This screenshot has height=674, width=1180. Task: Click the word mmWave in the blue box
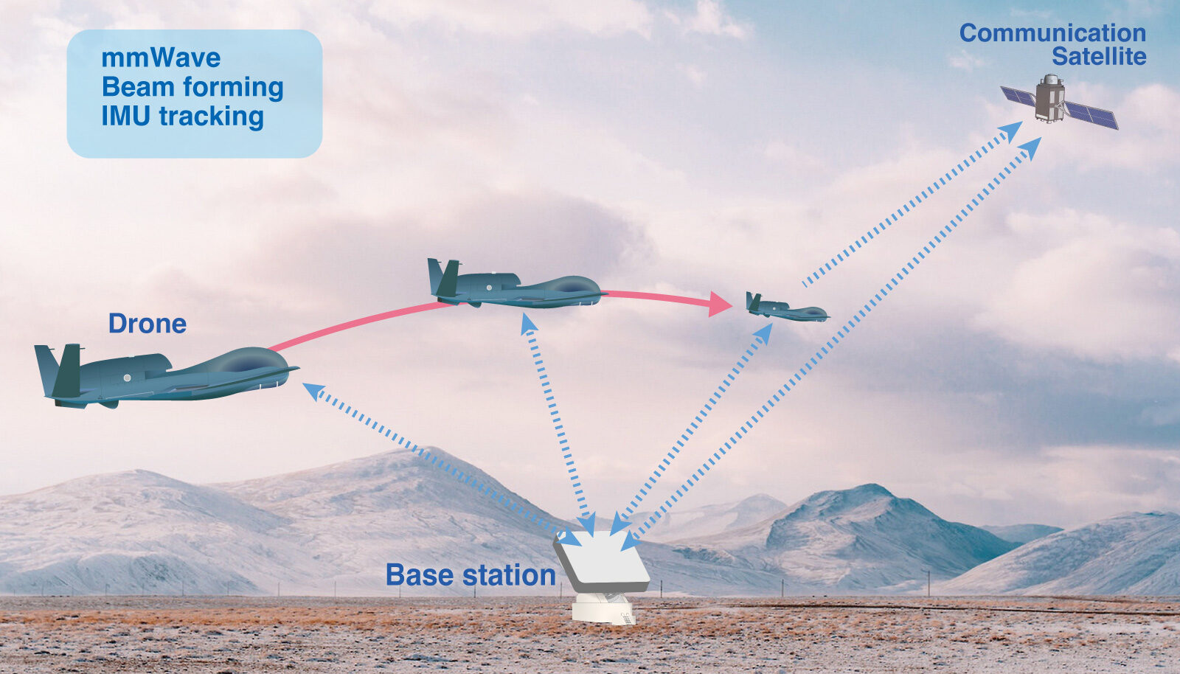161,58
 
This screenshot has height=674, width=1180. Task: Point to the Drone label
147,323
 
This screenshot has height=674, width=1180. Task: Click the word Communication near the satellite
1052,33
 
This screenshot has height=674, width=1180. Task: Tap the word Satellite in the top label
1099,56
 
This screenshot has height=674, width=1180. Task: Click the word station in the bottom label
510,575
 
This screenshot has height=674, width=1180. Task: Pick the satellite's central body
1049,99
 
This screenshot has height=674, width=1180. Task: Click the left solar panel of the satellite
1018,97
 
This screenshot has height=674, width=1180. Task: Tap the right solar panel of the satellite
1091,115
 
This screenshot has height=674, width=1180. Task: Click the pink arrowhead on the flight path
720,304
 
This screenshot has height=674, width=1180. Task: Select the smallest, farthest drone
786,308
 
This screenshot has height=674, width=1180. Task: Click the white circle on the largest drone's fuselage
126,378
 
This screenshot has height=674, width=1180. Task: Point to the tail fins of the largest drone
59,371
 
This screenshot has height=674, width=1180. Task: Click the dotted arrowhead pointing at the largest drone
314,391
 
